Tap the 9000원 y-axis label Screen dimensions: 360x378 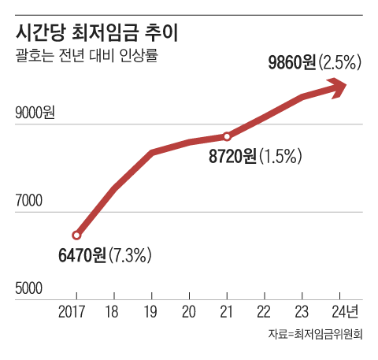[x=35, y=114]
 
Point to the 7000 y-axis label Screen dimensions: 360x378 [x=30, y=202]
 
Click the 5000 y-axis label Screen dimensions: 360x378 [x=30, y=289]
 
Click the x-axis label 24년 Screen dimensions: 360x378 [x=343, y=310]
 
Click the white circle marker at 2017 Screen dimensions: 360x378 [x=76, y=235]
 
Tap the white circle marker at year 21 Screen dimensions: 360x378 [x=228, y=136]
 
